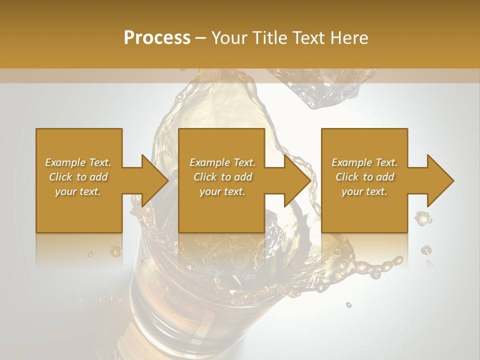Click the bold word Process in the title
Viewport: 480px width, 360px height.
pyautogui.click(x=157, y=38)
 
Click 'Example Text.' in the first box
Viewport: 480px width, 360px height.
pyautogui.click(x=78, y=162)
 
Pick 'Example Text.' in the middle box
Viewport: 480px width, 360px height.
pyautogui.click(x=222, y=162)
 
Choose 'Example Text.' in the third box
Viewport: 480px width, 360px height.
pyautogui.click(x=364, y=162)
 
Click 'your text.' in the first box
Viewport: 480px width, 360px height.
pyautogui.click(x=78, y=191)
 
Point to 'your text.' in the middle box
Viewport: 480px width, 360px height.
pyautogui.click(x=222, y=191)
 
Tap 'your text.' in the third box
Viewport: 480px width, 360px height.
pyautogui.click(x=364, y=191)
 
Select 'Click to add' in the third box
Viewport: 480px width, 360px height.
pyautogui.click(x=364, y=177)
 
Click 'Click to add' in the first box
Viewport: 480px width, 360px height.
pyautogui.click(x=78, y=177)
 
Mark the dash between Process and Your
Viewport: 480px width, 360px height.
pyautogui.click(x=200, y=38)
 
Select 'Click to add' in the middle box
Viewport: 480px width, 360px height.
pyautogui.click(x=222, y=177)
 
